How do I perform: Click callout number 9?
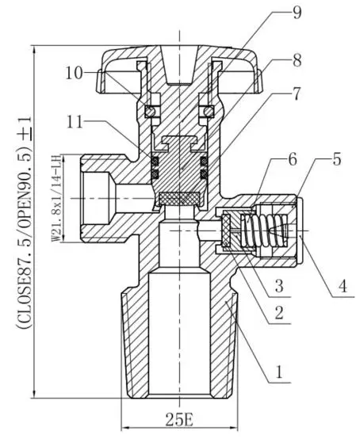click(x=297, y=13)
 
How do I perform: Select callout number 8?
click(x=297, y=60)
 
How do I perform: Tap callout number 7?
click(x=297, y=93)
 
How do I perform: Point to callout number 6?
click(x=293, y=159)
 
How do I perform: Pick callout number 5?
click(x=337, y=159)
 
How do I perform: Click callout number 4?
click(x=344, y=286)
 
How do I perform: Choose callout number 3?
click(x=279, y=286)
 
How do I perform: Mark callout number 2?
click(x=279, y=313)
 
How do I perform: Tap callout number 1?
click(x=279, y=372)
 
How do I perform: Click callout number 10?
click(x=75, y=73)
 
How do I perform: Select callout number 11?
click(x=75, y=122)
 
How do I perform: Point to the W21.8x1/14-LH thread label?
click(x=57, y=198)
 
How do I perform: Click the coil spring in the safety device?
click(x=264, y=231)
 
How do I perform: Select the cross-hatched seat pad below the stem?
click(x=179, y=198)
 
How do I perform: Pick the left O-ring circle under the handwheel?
click(x=150, y=111)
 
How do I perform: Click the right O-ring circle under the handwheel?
click(x=209, y=111)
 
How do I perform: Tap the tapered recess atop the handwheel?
click(x=179, y=65)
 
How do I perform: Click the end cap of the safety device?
click(x=299, y=231)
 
